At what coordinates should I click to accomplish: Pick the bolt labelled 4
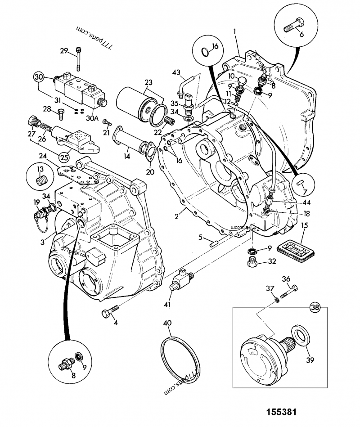111,310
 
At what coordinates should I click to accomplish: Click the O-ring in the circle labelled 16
205,53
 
